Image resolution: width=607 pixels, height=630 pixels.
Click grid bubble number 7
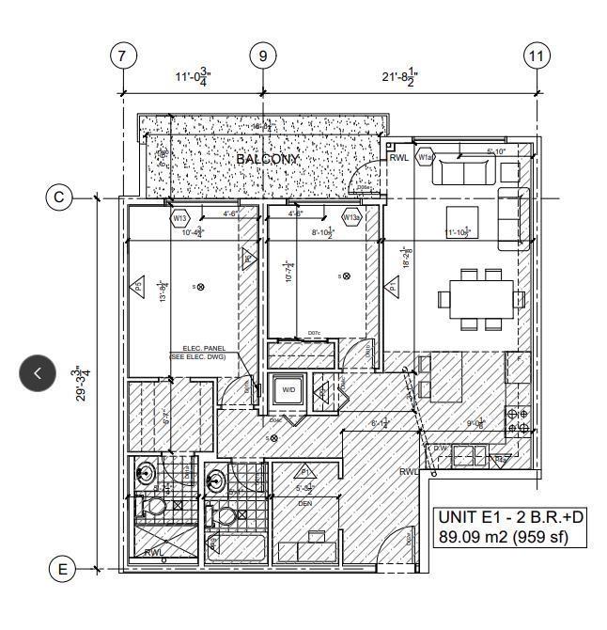tap(122, 56)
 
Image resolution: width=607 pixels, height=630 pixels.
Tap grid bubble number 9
tap(263, 56)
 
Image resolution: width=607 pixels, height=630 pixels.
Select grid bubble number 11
tap(537, 56)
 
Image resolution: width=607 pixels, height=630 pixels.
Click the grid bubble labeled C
tap(60, 197)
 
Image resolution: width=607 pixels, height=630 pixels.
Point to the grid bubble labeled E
tap(62, 569)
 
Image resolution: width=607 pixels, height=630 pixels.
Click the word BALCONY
tap(267, 160)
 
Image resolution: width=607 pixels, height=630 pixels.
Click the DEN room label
tap(305, 503)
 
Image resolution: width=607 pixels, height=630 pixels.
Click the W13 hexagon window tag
tap(180, 218)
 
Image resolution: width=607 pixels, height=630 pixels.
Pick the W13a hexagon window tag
tap(351, 218)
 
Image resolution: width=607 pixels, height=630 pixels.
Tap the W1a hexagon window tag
tap(426, 157)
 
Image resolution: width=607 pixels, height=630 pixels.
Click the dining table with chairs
tap(481, 298)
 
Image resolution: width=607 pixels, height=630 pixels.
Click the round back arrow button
tap(39, 373)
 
